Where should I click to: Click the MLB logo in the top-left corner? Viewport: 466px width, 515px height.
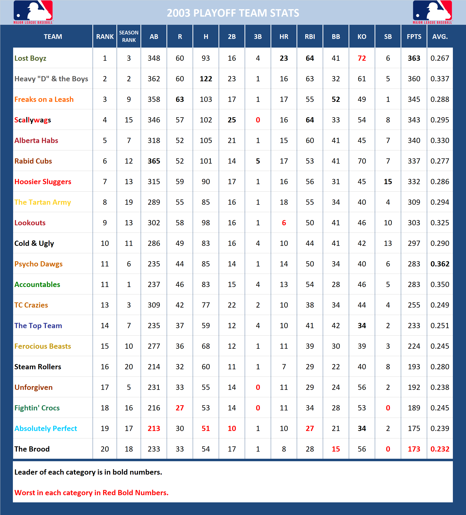(x=33, y=12)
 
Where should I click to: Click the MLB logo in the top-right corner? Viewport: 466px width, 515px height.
(x=432, y=12)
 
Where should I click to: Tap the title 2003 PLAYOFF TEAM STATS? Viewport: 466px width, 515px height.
(x=233, y=13)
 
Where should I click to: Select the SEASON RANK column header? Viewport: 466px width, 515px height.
(x=129, y=36)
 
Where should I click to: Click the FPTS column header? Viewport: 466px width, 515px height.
(x=414, y=36)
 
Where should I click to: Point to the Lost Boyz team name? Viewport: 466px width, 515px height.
(x=30, y=58)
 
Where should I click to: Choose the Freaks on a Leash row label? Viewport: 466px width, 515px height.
(x=44, y=99)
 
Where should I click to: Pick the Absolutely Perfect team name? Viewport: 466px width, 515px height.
(x=46, y=429)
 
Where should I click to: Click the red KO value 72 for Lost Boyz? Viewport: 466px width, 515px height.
(x=362, y=58)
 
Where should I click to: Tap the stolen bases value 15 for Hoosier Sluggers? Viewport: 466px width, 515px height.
(x=388, y=182)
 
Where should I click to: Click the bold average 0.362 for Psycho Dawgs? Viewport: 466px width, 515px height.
(x=440, y=264)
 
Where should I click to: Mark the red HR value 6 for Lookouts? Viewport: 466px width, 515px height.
(x=284, y=223)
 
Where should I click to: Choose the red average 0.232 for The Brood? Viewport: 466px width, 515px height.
(x=440, y=449)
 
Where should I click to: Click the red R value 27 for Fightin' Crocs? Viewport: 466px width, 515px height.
(x=180, y=408)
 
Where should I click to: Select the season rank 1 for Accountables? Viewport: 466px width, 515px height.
(x=129, y=285)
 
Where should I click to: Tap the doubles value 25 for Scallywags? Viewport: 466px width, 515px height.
(x=232, y=120)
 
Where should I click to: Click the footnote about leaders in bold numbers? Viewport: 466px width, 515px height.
(x=88, y=472)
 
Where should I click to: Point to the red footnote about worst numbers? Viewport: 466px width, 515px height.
(x=91, y=493)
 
